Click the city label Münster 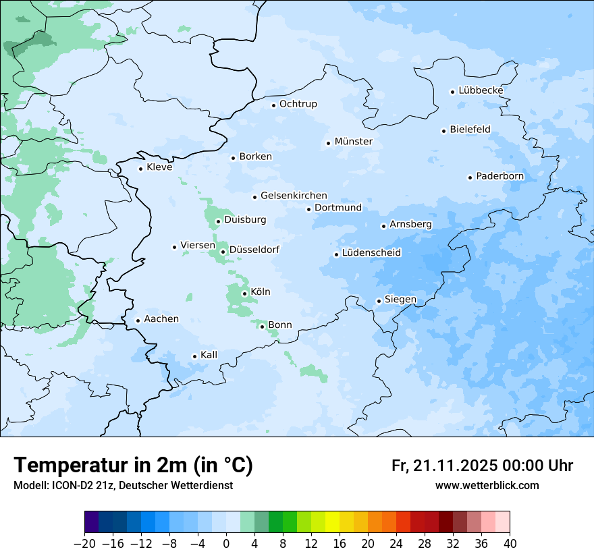(353, 142)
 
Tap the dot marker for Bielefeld (444, 131)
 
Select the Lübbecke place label (481, 90)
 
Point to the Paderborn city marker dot (470, 177)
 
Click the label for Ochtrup (298, 104)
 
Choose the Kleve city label (159, 167)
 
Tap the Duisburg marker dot (218, 221)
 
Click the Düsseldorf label (254, 250)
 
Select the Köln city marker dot (244, 293)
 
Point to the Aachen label (161, 319)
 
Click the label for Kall (209, 355)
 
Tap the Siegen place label (400, 300)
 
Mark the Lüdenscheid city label (371, 253)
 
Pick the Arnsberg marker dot (383, 226)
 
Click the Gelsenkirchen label (294, 196)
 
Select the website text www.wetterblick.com (487, 486)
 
